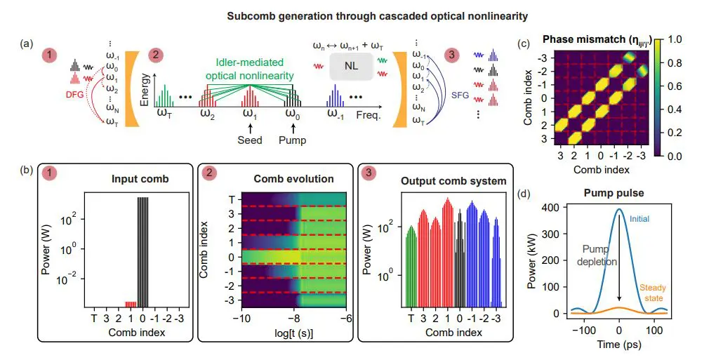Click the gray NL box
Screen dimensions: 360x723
[x=349, y=66]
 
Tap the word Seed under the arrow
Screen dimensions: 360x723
[x=249, y=140]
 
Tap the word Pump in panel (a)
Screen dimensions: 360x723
[x=292, y=140]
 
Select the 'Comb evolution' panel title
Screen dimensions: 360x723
[x=277, y=180]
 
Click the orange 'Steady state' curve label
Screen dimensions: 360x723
[x=652, y=293]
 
